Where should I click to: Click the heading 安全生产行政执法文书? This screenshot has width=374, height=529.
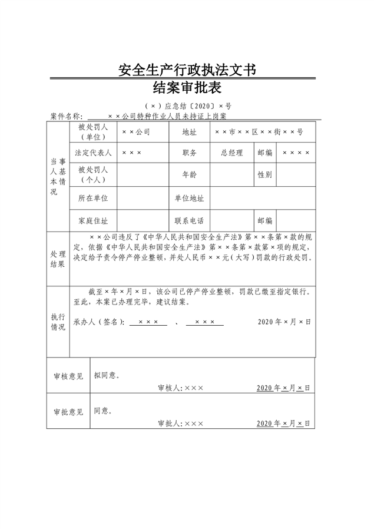(187, 70)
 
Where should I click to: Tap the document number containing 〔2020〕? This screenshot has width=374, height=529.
(187, 107)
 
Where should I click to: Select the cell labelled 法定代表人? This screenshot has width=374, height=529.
(93, 153)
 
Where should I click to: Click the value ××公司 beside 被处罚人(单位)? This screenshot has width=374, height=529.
(136, 132)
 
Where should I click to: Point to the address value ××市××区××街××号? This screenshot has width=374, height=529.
(259, 132)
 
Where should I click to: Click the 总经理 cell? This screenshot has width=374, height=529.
(232, 153)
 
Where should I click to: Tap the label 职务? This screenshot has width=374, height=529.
(190, 153)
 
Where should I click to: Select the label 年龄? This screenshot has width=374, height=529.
(190, 174)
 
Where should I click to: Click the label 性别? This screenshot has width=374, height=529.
(264, 174)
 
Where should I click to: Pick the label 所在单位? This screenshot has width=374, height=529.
(93, 199)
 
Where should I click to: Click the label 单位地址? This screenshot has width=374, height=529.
(190, 199)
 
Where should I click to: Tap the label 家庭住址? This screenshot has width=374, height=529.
(93, 221)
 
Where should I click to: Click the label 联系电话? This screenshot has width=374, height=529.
(190, 221)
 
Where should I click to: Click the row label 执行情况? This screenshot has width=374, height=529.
(58, 322)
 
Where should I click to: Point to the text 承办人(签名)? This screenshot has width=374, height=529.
(99, 322)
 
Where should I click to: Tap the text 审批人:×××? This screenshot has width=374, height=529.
(181, 424)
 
